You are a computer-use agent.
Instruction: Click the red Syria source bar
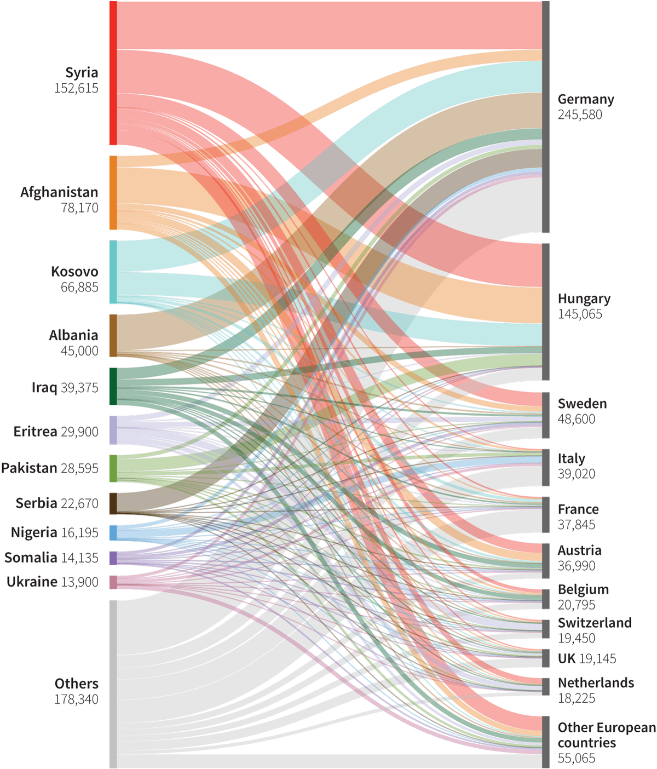point(113,73)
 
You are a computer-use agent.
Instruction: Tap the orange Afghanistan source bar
point(113,192)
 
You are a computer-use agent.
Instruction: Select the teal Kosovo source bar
point(113,272)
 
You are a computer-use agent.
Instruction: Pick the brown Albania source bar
point(113,335)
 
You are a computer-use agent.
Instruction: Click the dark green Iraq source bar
point(113,386)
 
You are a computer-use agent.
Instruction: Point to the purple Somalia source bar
point(113,558)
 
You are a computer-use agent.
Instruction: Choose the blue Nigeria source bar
point(113,532)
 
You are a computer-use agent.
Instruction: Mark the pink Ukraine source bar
point(113,582)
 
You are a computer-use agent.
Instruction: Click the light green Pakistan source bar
point(113,468)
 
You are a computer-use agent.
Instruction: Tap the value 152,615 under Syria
point(76,88)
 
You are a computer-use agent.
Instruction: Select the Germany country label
point(585,99)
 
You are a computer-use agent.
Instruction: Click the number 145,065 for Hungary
point(579,314)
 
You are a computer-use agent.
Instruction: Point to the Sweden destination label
point(582,404)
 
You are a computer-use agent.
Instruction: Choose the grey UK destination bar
point(545,658)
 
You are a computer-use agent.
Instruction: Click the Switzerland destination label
point(594,623)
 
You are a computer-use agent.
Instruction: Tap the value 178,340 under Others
point(76,699)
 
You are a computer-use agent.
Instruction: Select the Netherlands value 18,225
point(576,698)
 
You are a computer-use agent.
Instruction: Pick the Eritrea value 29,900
point(79,432)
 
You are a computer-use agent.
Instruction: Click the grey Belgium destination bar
point(545,599)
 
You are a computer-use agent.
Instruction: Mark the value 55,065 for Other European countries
point(576,759)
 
